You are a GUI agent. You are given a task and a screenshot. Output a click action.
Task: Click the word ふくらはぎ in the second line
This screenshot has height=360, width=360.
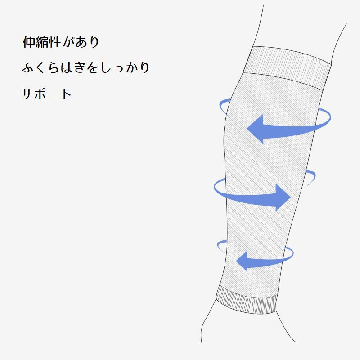click(x=53, y=68)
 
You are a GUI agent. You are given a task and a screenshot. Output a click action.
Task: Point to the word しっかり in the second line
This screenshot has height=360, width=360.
click(x=124, y=68)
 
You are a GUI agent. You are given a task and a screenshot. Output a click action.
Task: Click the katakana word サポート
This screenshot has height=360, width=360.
click(x=47, y=94)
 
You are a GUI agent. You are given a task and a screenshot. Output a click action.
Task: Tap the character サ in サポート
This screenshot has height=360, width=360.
click(x=28, y=94)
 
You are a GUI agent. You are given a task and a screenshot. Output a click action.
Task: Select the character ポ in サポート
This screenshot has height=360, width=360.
click(x=40, y=94)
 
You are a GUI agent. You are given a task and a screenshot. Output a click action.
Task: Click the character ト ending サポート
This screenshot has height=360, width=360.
click(x=66, y=94)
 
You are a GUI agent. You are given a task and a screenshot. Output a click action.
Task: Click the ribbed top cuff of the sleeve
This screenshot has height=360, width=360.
click(x=288, y=67)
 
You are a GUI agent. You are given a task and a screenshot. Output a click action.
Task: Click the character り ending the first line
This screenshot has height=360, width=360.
click(x=92, y=43)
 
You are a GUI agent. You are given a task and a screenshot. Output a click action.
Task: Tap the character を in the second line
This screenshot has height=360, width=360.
click(x=92, y=68)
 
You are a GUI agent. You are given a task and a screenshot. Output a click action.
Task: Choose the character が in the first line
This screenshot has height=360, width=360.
click(x=67, y=43)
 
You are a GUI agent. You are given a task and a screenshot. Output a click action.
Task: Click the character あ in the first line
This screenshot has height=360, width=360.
click(x=79, y=43)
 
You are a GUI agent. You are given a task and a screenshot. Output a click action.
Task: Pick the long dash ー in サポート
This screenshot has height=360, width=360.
click(x=54, y=94)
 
